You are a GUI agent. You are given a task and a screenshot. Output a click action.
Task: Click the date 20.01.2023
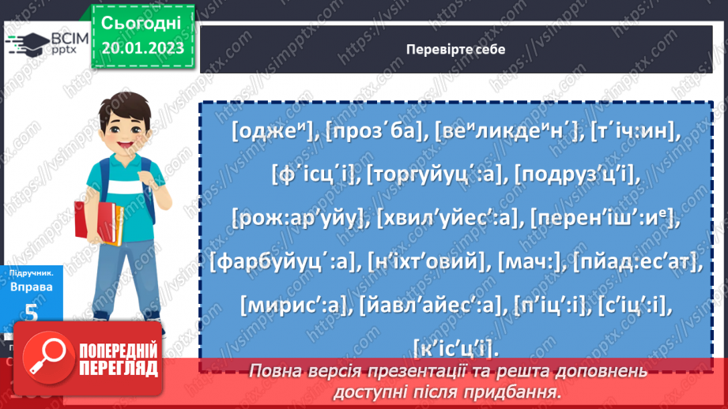tap(142, 49)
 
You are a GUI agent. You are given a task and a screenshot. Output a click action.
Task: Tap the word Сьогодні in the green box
tap(142, 21)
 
